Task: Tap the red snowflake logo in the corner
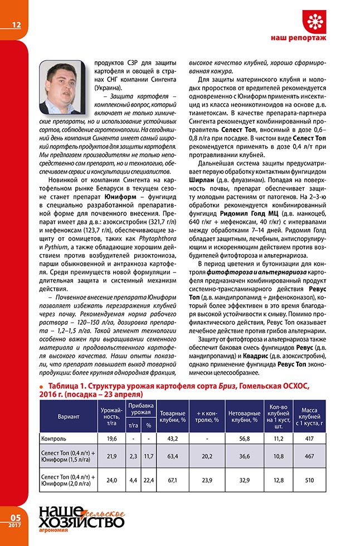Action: pos(315,21)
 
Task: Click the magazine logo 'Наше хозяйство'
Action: pos(81,519)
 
